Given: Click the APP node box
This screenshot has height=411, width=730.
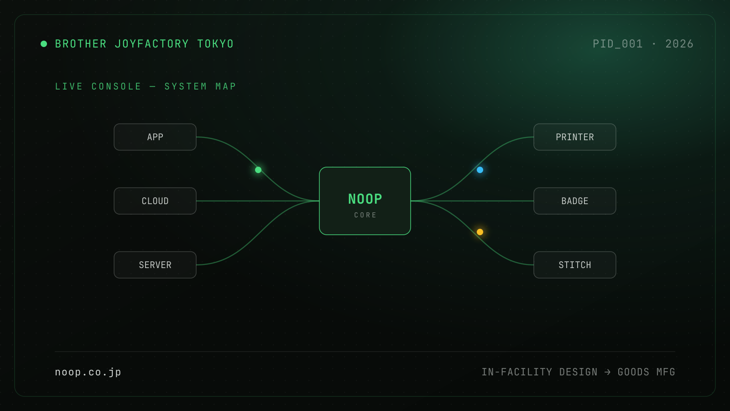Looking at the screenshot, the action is pyautogui.click(x=155, y=137).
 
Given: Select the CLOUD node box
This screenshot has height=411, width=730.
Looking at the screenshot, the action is pyautogui.click(x=155, y=201).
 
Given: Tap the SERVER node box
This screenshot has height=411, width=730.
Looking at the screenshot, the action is pyautogui.click(x=155, y=265).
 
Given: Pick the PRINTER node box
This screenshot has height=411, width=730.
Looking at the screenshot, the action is pyautogui.click(x=574, y=137).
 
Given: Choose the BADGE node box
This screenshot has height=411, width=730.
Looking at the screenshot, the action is pyautogui.click(x=574, y=201).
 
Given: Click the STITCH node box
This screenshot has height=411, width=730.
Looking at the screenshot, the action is pyautogui.click(x=574, y=265).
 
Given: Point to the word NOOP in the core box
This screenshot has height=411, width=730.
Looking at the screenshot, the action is pyautogui.click(x=365, y=199).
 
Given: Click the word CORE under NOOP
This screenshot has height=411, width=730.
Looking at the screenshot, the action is pyautogui.click(x=365, y=215).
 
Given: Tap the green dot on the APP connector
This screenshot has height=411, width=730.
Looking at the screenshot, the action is pyautogui.click(x=258, y=170).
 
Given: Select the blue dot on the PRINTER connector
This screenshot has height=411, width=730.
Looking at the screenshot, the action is pyautogui.click(x=480, y=170).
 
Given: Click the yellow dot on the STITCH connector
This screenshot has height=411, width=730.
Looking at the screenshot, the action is pyautogui.click(x=480, y=232).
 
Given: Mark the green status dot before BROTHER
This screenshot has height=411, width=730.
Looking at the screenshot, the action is pyautogui.click(x=44, y=44).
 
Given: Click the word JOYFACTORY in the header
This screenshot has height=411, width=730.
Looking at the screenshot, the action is pyautogui.click(x=152, y=44).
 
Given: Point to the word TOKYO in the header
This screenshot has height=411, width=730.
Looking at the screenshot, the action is pyautogui.click(x=215, y=44).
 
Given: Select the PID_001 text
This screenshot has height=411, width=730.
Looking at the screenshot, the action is pyautogui.click(x=618, y=44).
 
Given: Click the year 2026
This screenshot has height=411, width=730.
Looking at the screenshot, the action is pyautogui.click(x=679, y=44).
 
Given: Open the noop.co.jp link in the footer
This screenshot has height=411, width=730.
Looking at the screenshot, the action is pyautogui.click(x=88, y=372).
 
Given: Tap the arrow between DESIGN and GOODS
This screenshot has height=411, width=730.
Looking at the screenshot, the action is pyautogui.click(x=607, y=372).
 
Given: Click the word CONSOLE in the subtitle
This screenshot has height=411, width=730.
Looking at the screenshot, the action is pyautogui.click(x=116, y=86).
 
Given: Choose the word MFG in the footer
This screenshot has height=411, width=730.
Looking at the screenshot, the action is pyautogui.click(x=666, y=372).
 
